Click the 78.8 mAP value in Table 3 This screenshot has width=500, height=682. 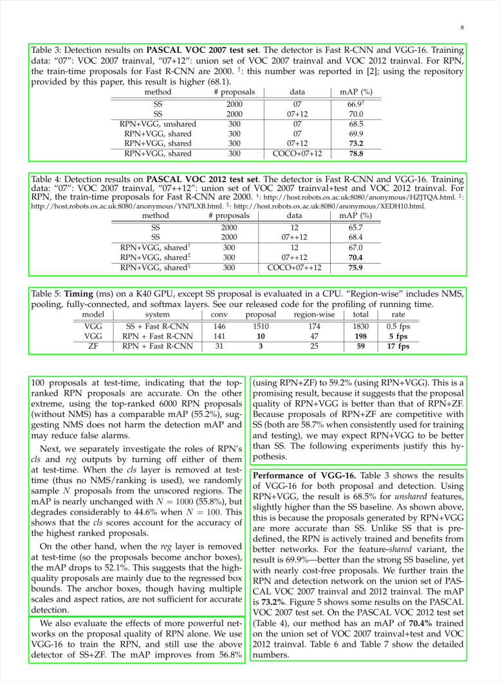[x=356, y=154]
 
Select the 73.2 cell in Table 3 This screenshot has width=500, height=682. [x=356, y=143]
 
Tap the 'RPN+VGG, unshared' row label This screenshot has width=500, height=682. [x=158, y=124]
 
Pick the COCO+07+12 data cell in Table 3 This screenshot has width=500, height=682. [x=297, y=154]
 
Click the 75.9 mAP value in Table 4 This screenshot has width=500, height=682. [x=356, y=268]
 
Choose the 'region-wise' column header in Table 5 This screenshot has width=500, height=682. [x=314, y=315]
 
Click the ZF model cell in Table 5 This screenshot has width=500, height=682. [x=93, y=346]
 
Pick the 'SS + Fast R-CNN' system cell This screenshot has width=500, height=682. [x=158, y=326]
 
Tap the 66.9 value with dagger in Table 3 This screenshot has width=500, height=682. [x=356, y=104]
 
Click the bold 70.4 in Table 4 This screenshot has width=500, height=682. [x=356, y=257]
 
